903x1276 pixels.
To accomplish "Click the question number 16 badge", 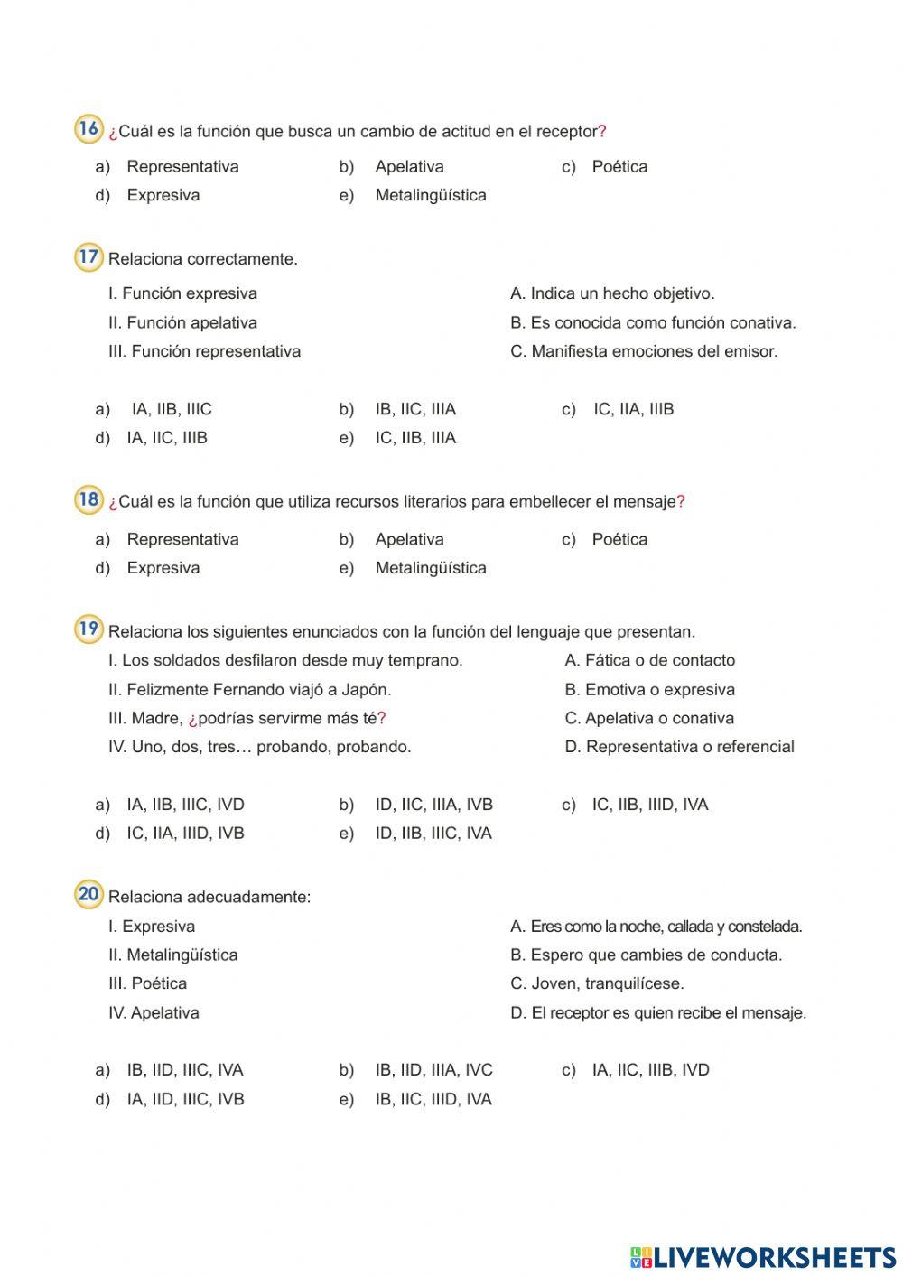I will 88,129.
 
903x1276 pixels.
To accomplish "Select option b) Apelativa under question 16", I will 409,167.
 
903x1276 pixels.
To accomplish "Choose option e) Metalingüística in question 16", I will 430,196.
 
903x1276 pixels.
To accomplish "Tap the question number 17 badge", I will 88,257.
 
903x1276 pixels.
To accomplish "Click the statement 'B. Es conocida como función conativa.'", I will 653,323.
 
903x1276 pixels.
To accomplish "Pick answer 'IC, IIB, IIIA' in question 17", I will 415,438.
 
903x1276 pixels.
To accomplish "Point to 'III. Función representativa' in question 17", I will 205,352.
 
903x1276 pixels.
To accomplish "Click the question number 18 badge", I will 88,499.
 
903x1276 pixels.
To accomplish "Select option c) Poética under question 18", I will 619,540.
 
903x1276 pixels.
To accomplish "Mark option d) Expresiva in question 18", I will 163,569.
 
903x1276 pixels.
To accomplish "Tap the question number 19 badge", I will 88,629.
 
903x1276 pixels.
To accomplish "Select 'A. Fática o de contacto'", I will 650,661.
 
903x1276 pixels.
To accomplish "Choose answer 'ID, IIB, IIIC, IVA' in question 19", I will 433,834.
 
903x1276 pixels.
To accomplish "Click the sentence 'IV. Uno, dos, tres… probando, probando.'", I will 260,748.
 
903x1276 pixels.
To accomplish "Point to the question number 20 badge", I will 88,895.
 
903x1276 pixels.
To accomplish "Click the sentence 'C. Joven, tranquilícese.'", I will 597,984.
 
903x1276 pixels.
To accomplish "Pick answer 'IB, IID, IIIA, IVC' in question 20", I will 433,1071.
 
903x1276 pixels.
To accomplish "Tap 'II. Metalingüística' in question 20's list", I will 173,955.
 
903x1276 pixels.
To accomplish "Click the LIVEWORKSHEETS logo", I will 762,1257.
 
